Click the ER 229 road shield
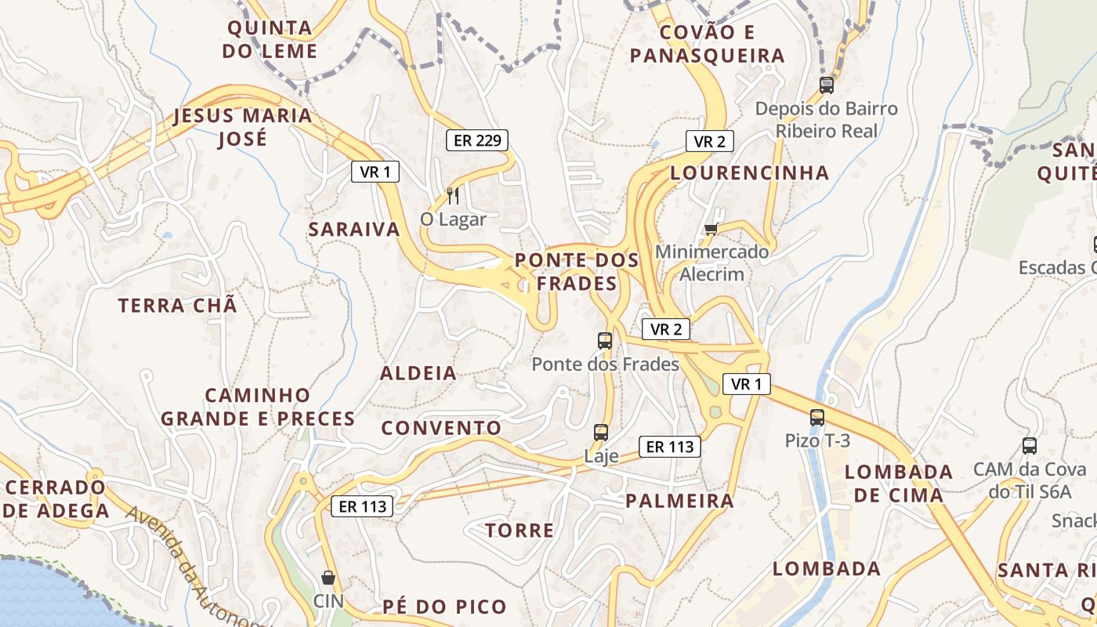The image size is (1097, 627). click(477, 141)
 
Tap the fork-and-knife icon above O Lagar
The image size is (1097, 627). click(453, 195)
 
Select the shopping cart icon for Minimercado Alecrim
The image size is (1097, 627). click(711, 229)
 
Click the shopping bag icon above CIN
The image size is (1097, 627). click(328, 578)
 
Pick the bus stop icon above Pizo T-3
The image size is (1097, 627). click(817, 418)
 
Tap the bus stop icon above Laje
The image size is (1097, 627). click(601, 432)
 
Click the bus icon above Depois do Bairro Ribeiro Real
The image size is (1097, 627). click(827, 85)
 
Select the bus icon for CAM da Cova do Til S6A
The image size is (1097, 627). click(1030, 446)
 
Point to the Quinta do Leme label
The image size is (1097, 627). click(270, 40)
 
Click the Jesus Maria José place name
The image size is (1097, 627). click(242, 127)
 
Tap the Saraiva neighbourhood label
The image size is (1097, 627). click(354, 230)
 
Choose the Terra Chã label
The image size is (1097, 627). click(177, 306)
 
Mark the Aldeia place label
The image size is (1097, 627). click(418, 373)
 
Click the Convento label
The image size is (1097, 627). click(441, 428)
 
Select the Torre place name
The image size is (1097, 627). click(520, 531)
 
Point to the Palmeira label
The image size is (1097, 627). click(680, 501)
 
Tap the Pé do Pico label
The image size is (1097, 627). click(445, 607)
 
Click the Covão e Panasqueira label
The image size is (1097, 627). click(708, 44)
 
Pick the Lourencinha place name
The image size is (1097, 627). click(750, 173)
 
